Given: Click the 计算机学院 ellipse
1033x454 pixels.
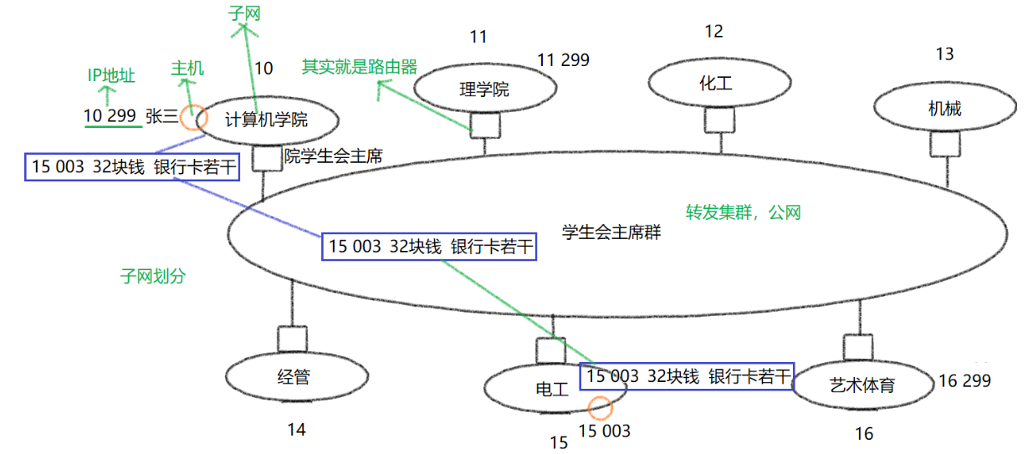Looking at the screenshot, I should point(267,120).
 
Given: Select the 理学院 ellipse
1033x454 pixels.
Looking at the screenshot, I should point(485,89).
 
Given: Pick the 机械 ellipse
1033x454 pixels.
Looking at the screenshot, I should point(945,109).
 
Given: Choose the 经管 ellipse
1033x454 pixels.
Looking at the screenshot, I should point(293,377).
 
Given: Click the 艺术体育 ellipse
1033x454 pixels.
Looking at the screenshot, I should point(862,385).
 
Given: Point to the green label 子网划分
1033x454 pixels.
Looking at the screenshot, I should point(152,276).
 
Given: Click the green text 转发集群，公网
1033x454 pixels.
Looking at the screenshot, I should point(744,212).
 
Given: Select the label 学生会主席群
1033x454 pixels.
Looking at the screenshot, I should point(611,232).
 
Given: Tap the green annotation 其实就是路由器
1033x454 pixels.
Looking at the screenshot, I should point(360,67).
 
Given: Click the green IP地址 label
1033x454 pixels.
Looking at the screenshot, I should point(111,76).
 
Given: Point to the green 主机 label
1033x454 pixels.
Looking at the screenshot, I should point(187,69).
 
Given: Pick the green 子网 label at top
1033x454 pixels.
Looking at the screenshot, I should point(244,13).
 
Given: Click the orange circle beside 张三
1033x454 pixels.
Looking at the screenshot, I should point(193,117).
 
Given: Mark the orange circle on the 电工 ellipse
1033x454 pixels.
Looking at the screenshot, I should point(600,409).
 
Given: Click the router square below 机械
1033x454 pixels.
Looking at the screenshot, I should point(946,145).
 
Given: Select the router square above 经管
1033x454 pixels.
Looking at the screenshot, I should point(293,339).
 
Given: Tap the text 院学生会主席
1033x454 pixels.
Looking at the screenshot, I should point(329,156).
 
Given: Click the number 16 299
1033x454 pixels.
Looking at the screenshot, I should point(964,381).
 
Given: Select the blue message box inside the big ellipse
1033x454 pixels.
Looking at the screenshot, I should point(429,247).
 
